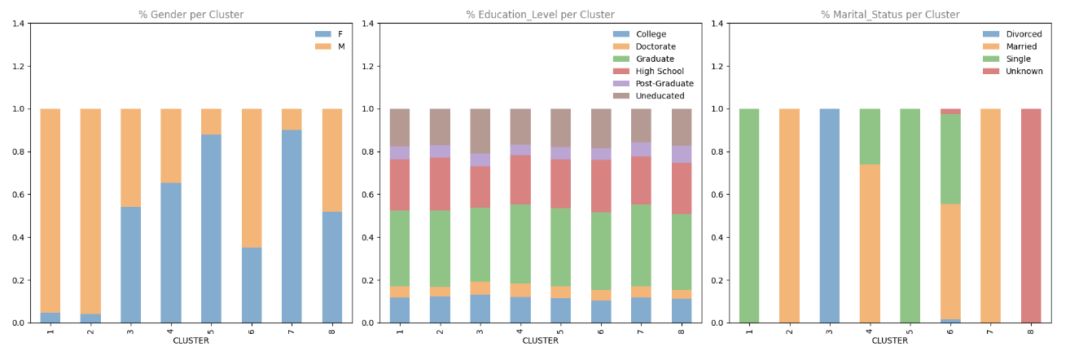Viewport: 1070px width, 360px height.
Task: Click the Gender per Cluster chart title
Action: [191, 15]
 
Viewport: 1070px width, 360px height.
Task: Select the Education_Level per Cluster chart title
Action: [540, 15]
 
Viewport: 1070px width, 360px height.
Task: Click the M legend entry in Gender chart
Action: [340, 46]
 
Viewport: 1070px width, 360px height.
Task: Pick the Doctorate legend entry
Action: [656, 46]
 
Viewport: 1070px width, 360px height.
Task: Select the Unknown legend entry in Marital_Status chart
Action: [1024, 71]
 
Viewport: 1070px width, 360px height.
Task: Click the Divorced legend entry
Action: [1024, 34]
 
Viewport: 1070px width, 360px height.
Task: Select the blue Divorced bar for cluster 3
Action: [829, 216]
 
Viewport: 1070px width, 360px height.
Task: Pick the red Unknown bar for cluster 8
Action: [1031, 216]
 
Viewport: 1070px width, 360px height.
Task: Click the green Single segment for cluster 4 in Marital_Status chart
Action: [870, 136]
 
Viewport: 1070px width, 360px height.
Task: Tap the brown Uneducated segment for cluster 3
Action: [480, 130]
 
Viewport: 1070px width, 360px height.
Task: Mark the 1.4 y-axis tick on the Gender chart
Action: [17, 24]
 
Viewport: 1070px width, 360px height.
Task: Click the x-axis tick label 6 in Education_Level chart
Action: [600, 330]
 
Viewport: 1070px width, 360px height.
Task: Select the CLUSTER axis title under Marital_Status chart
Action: [889, 340]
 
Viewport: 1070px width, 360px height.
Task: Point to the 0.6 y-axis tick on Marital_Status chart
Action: [716, 195]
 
